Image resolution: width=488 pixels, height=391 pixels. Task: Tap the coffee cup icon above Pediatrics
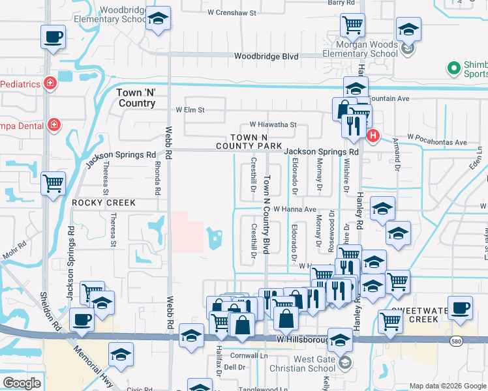point(53,38)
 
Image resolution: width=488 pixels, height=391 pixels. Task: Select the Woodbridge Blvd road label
point(266,57)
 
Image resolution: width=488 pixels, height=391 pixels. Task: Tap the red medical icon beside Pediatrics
point(49,83)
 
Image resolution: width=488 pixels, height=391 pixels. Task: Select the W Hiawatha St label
point(273,124)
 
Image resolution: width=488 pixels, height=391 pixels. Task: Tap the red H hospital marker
point(373,136)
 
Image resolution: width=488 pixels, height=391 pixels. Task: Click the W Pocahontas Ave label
point(437,142)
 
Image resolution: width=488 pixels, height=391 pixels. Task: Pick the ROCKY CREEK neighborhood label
point(104,203)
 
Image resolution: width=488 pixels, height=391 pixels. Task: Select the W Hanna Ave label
point(294,209)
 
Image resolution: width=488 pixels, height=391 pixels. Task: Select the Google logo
point(22,383)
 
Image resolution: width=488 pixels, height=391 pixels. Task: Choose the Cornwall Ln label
point(246,356)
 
